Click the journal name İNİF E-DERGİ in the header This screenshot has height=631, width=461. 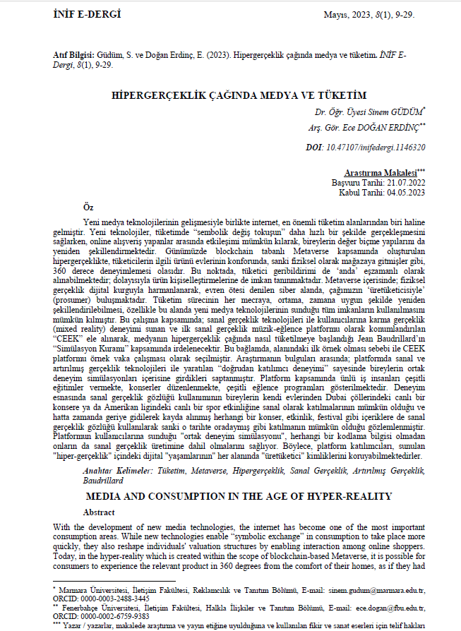pos(88,15)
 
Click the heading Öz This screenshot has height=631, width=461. pos(88,207)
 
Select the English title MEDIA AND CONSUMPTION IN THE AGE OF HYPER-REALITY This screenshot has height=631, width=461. pos(231,496)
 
